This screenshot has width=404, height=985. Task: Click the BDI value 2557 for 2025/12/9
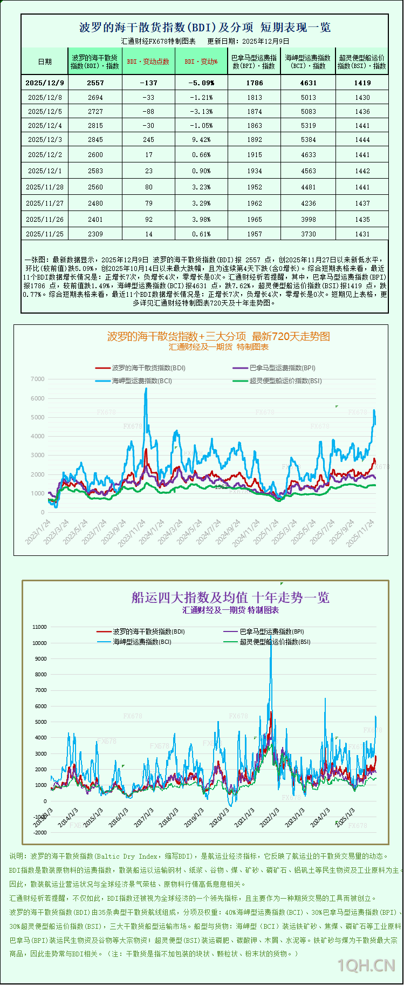coord(95,83)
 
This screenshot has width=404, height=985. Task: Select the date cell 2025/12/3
coord(45,140)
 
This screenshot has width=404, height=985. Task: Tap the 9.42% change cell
coord(201,140)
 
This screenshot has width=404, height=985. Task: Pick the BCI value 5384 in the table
coord(308,140)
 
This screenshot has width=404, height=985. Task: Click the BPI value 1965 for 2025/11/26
coord(255,220)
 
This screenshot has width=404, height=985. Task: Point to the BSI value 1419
coord(362,83)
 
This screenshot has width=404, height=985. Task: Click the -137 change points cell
coord(148,83)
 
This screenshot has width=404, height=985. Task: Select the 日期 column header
coord(45,62)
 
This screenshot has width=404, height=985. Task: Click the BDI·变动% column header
coord(201,62)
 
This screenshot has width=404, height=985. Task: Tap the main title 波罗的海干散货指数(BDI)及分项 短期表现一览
coord(205,28)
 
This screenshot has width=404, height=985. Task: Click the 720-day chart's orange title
coord(218,336)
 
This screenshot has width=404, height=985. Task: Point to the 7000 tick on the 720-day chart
coord(38,379)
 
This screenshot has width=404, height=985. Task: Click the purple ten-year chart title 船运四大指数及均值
coord(230,597)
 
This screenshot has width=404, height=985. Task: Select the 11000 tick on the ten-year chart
coord(40,627)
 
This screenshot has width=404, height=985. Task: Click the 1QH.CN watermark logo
coord(366,965)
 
